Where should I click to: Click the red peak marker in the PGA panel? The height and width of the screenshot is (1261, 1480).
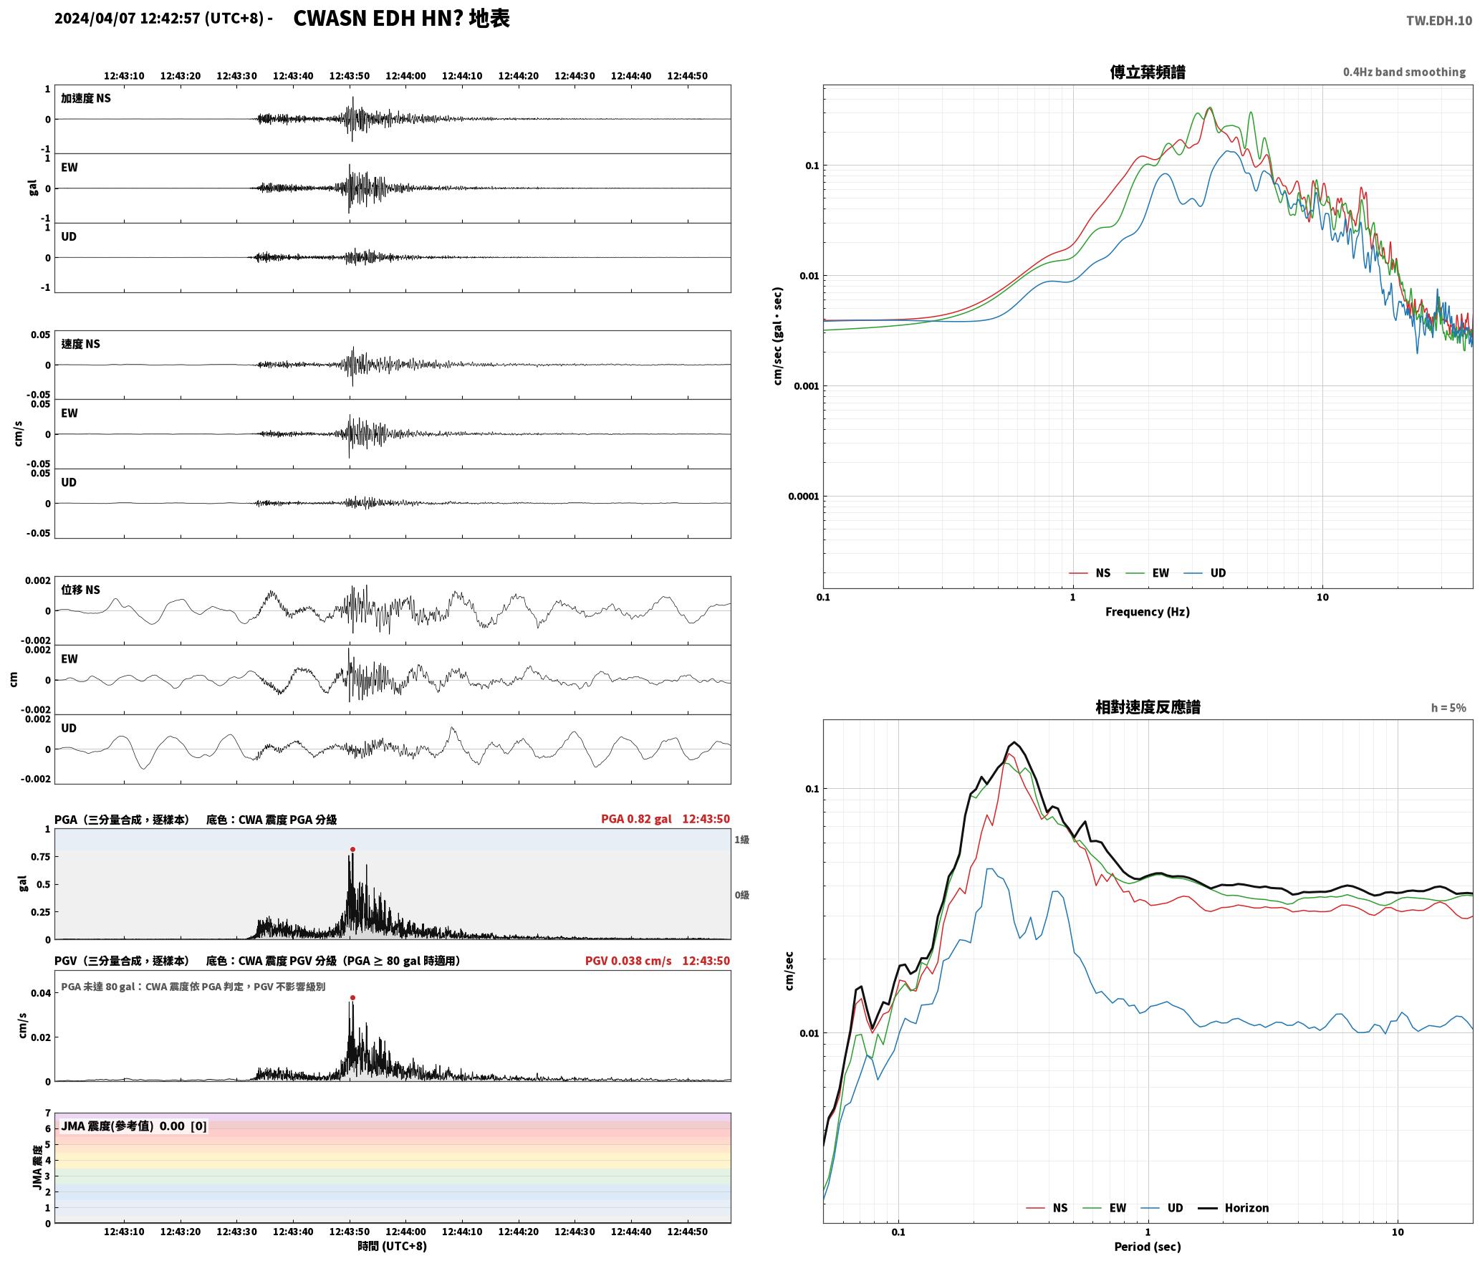[352, 849]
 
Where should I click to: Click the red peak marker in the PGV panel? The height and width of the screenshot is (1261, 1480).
[352, 997]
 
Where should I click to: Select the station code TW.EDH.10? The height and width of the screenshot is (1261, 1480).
[1439, 21]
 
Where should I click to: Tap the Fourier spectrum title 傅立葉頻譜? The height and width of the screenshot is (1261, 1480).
[1148, 72]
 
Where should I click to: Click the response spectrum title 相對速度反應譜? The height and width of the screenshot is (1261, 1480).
[1148, 707]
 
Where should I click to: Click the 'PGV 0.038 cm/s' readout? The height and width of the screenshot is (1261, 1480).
[628, 961]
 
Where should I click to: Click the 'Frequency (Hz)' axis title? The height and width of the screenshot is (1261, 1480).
[1148, 612]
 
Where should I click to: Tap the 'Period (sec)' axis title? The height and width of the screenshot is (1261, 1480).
[1148, 1247]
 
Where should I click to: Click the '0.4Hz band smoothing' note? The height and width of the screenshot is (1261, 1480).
[1404, 72]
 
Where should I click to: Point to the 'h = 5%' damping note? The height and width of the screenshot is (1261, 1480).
[1448, 708]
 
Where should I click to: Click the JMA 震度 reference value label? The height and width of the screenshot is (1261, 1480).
[134, 1126]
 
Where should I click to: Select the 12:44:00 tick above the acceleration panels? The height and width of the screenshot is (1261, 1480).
[405, 76]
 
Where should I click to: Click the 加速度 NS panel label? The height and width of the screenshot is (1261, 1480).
[86, 98]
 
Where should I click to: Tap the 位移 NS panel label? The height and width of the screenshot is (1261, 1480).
[81, 590]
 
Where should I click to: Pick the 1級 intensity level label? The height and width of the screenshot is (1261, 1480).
[741, 840]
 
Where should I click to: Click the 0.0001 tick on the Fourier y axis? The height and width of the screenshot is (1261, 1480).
[803, 497]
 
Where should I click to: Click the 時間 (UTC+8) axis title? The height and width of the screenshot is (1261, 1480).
[393, 1246]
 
